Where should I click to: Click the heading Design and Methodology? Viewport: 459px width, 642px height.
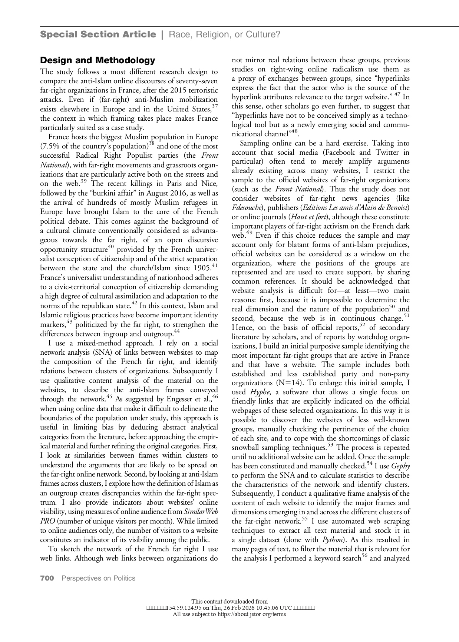click(98, 60)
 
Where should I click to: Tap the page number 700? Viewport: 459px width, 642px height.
click(47, 578)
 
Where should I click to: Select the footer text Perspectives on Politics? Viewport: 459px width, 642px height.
click(98, 578)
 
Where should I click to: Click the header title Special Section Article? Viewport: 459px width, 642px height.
click(98, 35)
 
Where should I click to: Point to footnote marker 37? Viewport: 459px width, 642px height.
click(214, 107)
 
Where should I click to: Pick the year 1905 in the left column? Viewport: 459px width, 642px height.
click(202, 268)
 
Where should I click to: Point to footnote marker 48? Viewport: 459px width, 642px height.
click(295, 131)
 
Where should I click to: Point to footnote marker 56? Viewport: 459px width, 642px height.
click(364, 556)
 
